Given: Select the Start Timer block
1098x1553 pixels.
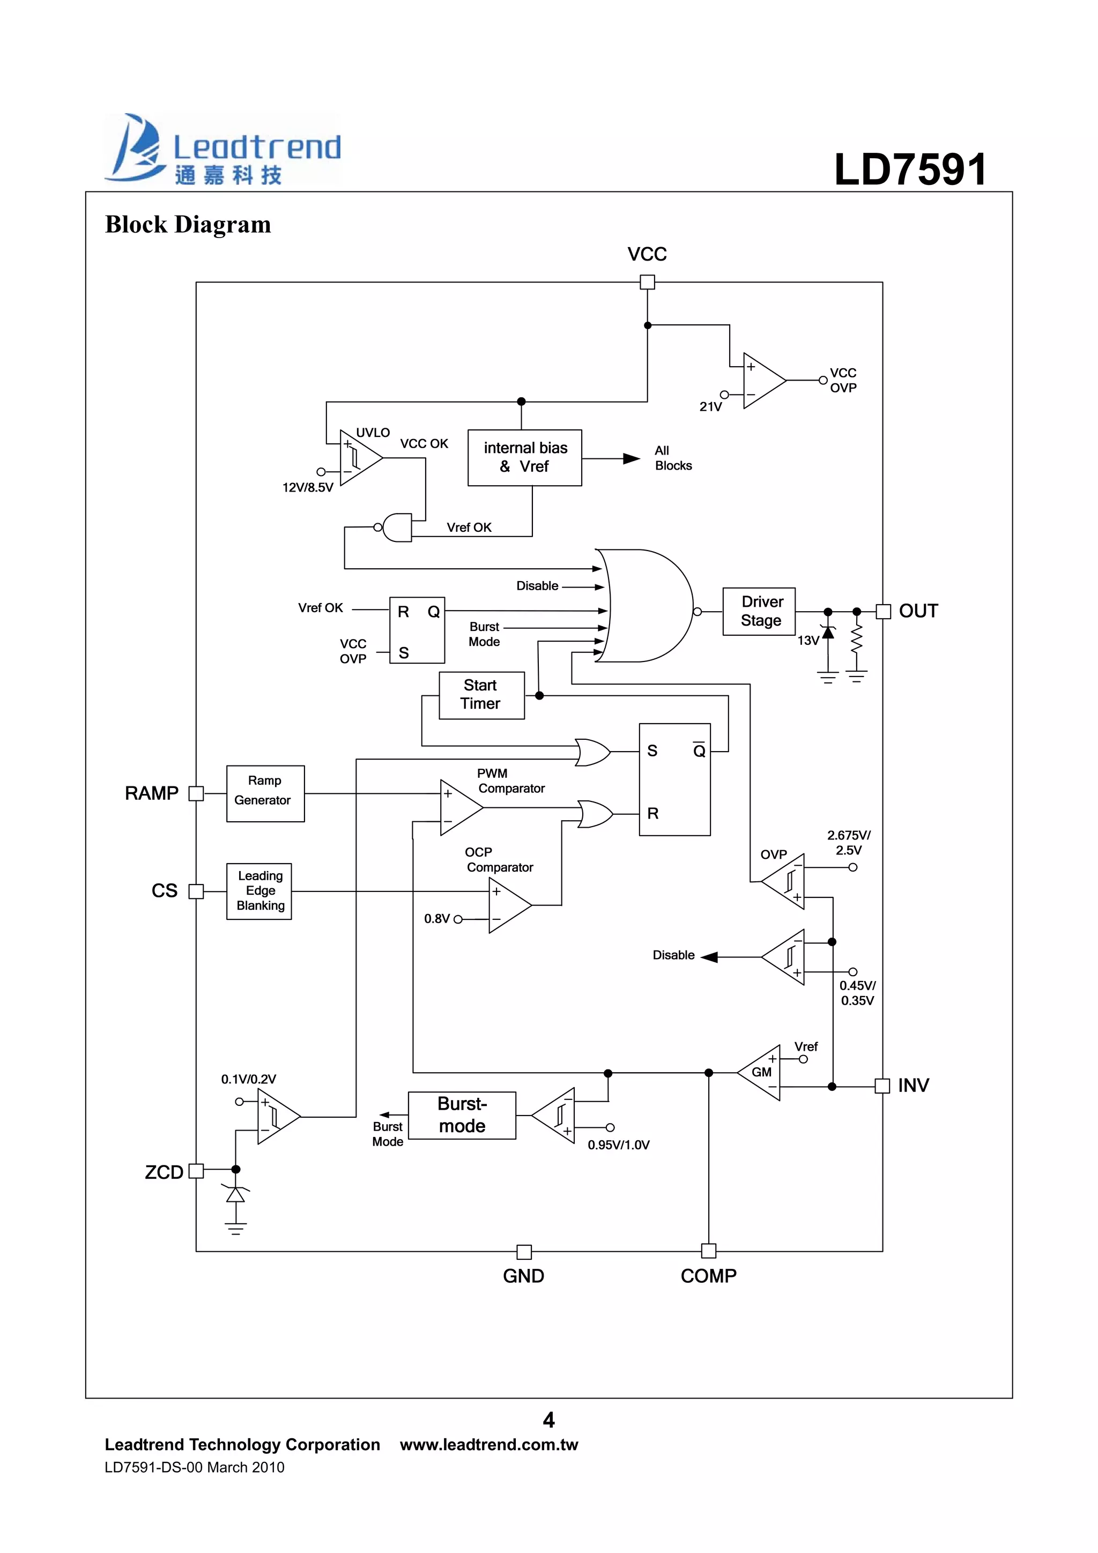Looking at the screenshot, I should tap(481, 695).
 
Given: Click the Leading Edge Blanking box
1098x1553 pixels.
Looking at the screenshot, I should tap(259, 891).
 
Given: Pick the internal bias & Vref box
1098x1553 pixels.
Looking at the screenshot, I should tap(524, 457).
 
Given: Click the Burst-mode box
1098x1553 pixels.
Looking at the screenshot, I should tap(462, 1114).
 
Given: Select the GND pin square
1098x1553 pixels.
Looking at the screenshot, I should tap(524, 1251).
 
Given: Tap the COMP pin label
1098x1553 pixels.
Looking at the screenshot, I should tap(708, 1276).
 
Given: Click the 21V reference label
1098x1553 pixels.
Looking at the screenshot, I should tap(710, 406).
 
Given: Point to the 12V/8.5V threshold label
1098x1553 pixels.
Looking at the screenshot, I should tap(307, 487).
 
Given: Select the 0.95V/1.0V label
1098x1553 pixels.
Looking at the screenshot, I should tap(618, 1145).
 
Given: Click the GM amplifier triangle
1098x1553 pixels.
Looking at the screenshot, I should tap(762, 1072).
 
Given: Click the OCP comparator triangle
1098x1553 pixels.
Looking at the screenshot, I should tap(507, 905).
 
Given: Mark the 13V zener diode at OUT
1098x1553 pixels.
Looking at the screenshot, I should tap(827, 631).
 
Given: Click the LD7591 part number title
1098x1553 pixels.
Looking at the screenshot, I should tap(910, 168).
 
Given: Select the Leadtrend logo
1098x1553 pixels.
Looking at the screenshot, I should tap(222, 149).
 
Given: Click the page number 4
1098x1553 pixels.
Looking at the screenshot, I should tap(548, 1420).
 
